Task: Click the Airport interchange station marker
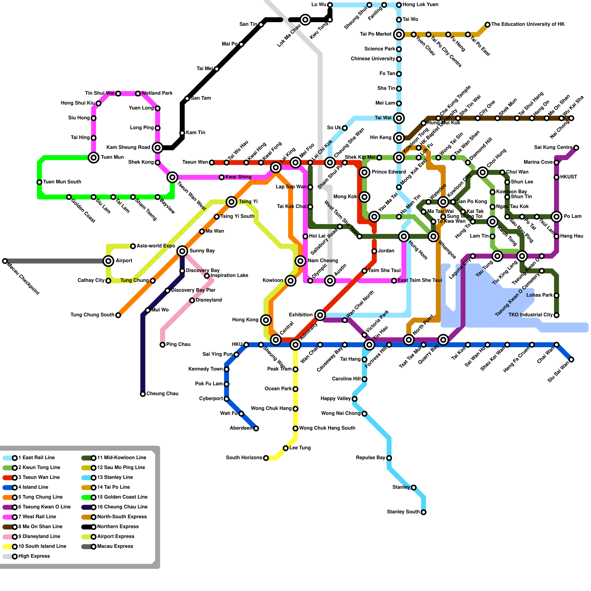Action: pyautogui.click(x=108, y=261)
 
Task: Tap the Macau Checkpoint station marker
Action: pyautogui.click(x=5, y=261)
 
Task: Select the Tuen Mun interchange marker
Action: pyautogui.click(x=94, y=158)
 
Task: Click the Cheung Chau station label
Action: pyautogui.click(x=162, y=394)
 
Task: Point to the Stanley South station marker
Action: pyautogui.click(x=424, y=512)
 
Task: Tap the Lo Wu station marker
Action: pyautogui.click(x=330, y=5)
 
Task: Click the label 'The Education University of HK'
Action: pyautogui.click(x=528, y=24)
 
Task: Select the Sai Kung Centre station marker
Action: pyautogui.click(x=576, y=148)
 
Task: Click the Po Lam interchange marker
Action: pyautogui.click(x=557, y=216)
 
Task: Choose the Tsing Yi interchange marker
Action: pyautogui.click(x=232, y=202)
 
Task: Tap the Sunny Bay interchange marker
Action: pyautogui.click(x=182, y=251)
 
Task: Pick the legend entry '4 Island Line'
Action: pyautogui.click(x=33, y=487)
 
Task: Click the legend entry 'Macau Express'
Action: pyautogui.click(x=115, y=546)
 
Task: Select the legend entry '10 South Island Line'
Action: pyautogui.click(x=42, y=546)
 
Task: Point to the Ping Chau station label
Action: pyautogui.click(x=178, y=345)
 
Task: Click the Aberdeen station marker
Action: pyautogui.click(x=256, y=428)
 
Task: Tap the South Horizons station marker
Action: pyautogui.click(x=266, y=458)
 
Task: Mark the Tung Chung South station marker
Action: pyautogui.click(x=118, y=315)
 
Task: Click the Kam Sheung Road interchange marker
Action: pyautogui.click(x=158, y=148)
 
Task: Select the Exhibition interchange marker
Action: pyautogui.click(x=320, y=315)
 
